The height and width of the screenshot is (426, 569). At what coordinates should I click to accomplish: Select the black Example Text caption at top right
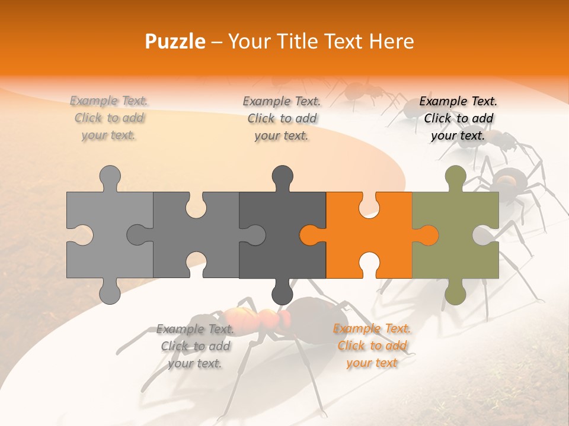coord(458,118)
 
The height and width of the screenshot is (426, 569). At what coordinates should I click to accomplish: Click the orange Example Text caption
coord(372,346)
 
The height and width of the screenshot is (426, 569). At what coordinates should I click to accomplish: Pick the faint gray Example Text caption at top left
coord(109,118)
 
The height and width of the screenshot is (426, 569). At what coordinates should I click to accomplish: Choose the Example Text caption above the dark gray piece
coord(282,118)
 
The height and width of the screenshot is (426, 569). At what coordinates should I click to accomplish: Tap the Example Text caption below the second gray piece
coord(195,346)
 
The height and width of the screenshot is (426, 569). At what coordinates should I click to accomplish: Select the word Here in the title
coord(391,41)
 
